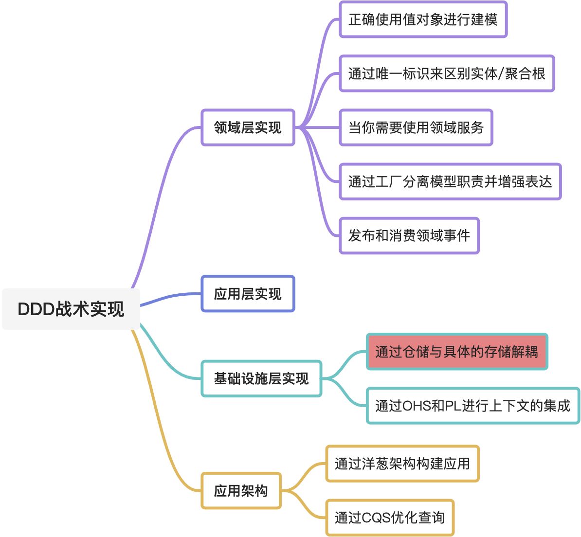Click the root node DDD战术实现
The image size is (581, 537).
71,309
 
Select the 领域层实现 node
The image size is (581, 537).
248,127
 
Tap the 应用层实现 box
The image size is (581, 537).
248,294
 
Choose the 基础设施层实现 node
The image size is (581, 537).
261,378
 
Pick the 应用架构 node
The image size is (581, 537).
241,491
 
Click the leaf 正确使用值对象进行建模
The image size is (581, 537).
423,19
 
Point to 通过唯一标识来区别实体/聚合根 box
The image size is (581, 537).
447,73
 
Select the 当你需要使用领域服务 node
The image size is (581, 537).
416,127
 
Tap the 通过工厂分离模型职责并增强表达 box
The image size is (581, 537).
450,181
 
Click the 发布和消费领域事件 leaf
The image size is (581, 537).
409,235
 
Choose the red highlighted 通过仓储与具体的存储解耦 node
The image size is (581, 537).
456,352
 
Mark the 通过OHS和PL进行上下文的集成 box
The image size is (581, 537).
472,406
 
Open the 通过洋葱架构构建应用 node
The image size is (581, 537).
402,464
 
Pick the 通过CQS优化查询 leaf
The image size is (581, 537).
389,518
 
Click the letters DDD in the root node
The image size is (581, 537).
36,309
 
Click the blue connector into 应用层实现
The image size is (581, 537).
170,298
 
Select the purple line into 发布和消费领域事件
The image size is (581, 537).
323,214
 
